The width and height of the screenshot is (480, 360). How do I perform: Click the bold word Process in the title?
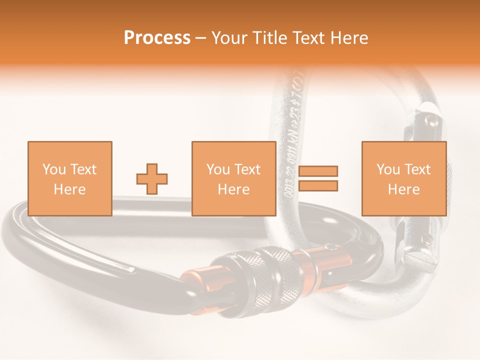click(157, 38)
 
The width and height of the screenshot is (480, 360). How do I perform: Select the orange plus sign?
click(152, 178)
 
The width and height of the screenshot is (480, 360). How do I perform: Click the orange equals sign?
click(318, 178)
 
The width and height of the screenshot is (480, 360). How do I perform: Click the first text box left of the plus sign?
click(69, 178)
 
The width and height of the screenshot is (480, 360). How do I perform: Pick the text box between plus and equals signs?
click(233, 178)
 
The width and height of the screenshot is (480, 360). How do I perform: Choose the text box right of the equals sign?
click(403, 178)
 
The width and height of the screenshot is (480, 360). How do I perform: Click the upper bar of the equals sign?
click(318, 171)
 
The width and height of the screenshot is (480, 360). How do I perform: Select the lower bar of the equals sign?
click(318, 186)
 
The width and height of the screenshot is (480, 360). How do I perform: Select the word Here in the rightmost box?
click(403, 189)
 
